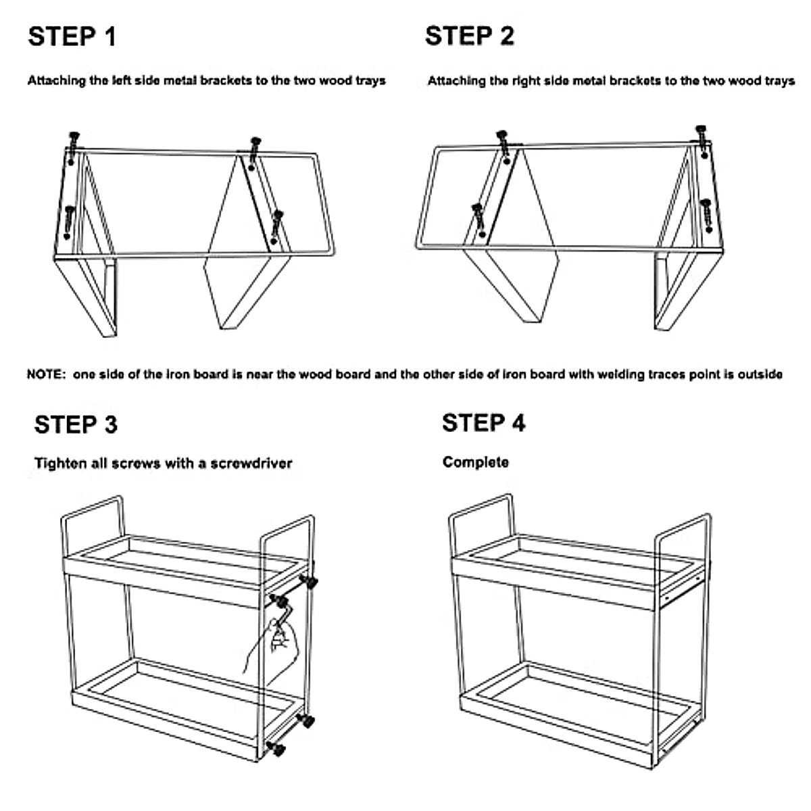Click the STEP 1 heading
click(x=72, y=36)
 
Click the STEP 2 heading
click(x=469, y=36)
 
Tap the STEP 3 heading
click(x=76, y=425)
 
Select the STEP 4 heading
click(x=483, y=423)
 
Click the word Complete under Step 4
click(x=475, y=463)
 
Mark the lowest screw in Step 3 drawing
click(x=276, y=748)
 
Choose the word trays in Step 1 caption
click(x=369, y=81)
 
